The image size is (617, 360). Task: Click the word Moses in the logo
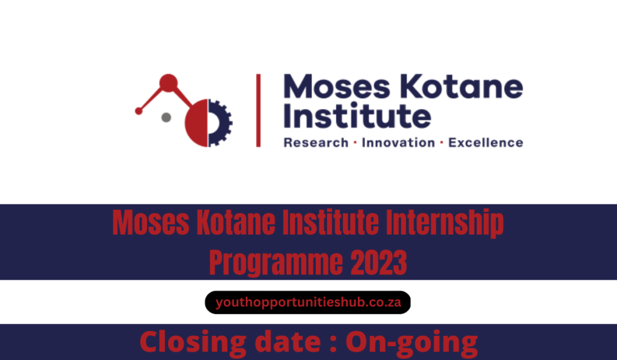pos(330,89)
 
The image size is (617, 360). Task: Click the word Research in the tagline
pos(316,143)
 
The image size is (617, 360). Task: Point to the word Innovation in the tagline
pos(398,143)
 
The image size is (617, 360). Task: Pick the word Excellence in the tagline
pos(486,143)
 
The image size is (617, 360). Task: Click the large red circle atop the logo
pos(168,83)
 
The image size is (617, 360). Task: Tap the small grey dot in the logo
pos(166,117)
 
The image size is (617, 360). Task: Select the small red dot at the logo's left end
pos(139,111)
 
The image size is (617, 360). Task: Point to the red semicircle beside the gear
pos(197,124)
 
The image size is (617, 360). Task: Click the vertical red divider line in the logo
pos(258,110)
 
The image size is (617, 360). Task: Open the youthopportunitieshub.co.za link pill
pos(308,302)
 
